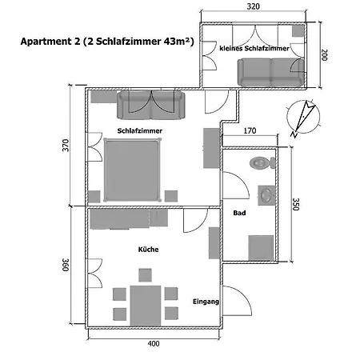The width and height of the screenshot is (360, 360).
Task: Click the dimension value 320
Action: coord(253,6)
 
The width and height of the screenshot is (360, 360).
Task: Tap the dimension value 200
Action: coord(324,55)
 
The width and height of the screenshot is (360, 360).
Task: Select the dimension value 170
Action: coord(250,130)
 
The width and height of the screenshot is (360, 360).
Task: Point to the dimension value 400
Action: coord(154,343)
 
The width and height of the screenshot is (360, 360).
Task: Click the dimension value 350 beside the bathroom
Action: coord(296,204)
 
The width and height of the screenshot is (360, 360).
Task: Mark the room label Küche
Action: coord(148,250)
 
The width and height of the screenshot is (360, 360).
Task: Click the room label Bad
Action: coord(239,213)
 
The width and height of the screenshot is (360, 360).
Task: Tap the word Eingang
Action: coord(206,302)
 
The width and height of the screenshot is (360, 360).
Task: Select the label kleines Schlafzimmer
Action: coord(254,48)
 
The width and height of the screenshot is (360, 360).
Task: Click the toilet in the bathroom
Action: coord(262,162)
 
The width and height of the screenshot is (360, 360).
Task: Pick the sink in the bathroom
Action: coord(266,195)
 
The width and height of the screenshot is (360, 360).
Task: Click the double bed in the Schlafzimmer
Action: coord(133,170)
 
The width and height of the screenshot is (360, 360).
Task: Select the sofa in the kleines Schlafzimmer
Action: coord(271,72)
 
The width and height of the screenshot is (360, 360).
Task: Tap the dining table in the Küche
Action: coord(146,306)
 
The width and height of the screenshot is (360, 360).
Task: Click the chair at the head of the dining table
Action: coord(145,275)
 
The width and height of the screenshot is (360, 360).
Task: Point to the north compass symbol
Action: coord(303,118)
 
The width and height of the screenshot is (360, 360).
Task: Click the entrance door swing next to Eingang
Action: coord(237,301)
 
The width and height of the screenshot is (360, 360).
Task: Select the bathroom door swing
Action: coord(236,186)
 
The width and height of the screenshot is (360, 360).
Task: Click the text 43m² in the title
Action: coord(176,42)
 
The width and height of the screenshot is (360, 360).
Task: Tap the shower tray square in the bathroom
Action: coord(261,248)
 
